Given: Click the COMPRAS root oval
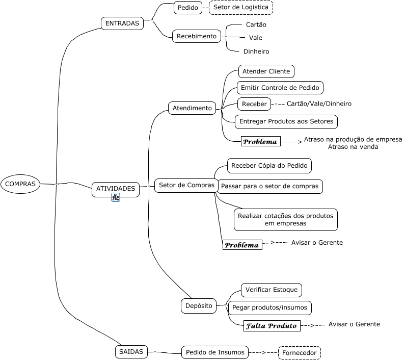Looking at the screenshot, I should (20, 184).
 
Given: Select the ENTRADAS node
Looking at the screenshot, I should (122, 23).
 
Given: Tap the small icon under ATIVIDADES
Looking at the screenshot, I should (116, 198).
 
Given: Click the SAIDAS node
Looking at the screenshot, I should (131, 351).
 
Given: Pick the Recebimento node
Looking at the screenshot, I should (197, 36).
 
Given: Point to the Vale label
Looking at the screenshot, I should (256, 38).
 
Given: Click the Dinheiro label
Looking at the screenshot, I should (256, 52).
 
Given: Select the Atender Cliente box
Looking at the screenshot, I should (266, 71).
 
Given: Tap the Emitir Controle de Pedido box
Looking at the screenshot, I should (280, 88).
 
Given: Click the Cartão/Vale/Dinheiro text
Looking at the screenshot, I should (319, 104).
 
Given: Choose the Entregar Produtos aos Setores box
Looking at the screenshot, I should (286, 121).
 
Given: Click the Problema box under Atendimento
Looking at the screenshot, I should (260, 141).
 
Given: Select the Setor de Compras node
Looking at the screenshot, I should (186, 185).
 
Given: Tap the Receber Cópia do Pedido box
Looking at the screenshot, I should (269, 166).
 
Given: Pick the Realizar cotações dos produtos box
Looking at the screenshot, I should (285, 219).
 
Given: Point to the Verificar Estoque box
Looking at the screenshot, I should (271, 290).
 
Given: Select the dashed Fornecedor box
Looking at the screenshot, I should (300, 353).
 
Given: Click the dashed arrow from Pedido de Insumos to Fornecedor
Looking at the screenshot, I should (264, 352).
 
